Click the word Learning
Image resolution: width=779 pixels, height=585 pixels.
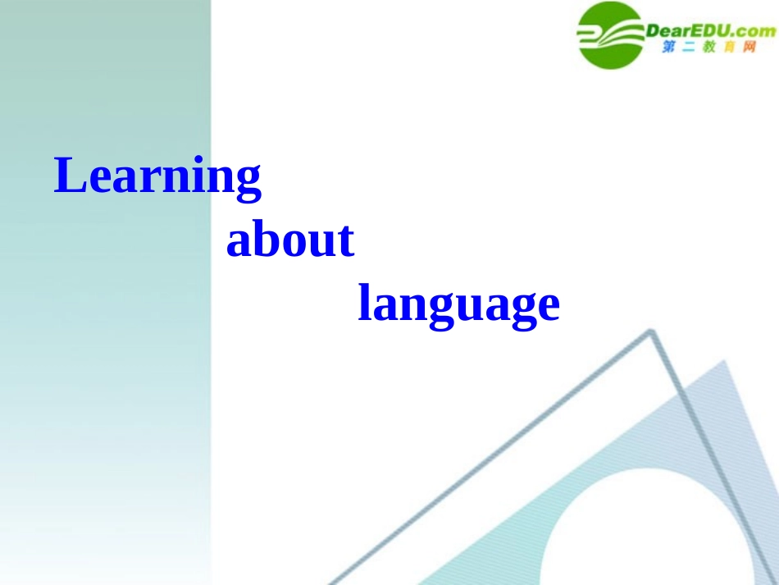157,176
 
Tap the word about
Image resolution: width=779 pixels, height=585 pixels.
289,240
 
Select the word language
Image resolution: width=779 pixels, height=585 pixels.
458,305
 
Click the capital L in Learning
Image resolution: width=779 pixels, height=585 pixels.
69,175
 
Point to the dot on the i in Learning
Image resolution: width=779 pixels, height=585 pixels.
203,160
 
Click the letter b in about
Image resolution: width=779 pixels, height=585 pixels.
264,240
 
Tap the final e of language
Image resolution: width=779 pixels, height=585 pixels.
548,307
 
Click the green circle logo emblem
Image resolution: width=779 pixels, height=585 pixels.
610,35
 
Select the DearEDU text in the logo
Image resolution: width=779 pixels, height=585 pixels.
686,31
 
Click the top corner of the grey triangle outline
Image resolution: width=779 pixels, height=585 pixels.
652,332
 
